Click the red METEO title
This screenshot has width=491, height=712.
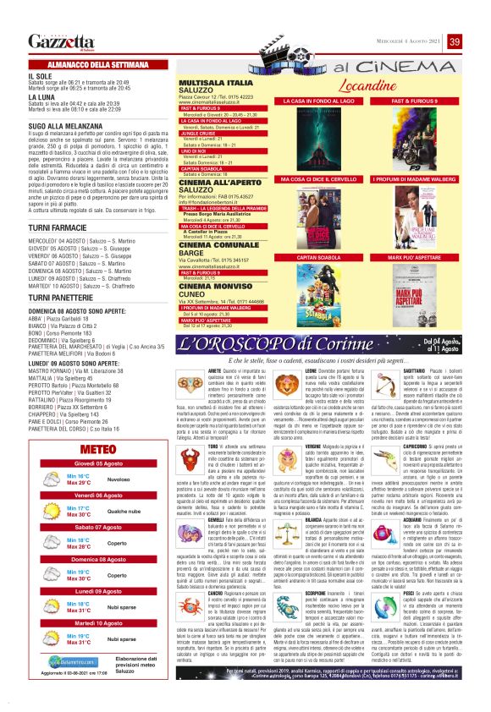click(90, 448)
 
